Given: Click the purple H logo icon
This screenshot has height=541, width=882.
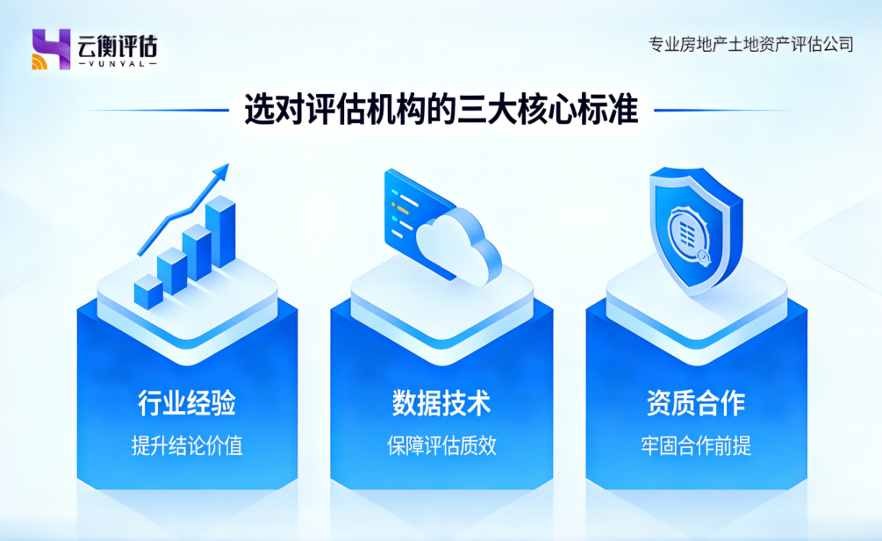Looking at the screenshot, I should pyautogui.click(x=50, y=49).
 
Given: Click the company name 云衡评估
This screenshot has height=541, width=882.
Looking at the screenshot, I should pyautogui.click(x=117, y=44).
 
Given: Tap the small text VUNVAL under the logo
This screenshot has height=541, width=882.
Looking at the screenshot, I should pyautogui.click(x=117, y=64).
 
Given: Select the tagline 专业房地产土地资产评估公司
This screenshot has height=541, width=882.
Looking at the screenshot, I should pyautogui.click(x=749, y=44).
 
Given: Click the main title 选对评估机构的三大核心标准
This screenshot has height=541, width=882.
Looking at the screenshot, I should pyautogui.click(x=441, y=111).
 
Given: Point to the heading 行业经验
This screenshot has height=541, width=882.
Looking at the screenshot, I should pyautogui.click(x=187, y=403).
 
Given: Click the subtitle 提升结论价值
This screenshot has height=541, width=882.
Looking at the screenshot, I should pyautogui.click(x=187, y=446).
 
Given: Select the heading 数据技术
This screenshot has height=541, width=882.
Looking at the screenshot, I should pyautogui.click(x=441, y=403).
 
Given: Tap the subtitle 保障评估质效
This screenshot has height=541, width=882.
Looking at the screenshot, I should pyautogui.click(x=441, y=446).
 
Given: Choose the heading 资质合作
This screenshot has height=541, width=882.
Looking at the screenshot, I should pyautogui.click(x=695, y=403).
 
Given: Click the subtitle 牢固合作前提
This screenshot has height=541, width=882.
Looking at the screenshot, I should pyautogui.click(x=695, y=446).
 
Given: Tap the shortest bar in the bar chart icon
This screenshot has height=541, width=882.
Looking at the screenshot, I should pyautogui.click(x=147, y=293).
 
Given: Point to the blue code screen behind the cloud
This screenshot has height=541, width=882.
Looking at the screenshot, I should pyautogui.click(x=412, y=206).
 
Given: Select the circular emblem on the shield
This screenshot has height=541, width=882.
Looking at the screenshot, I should pyautogui.click(x=689, y=231).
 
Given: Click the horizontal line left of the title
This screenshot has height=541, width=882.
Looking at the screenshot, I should pyautogui.click(x=158, y=111).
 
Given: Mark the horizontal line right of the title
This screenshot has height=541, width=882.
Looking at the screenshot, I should pyautogui.click(x=724, y=111).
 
